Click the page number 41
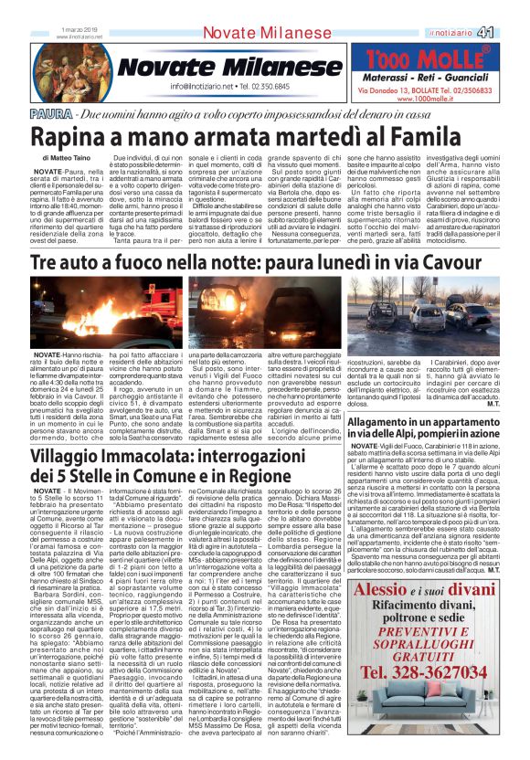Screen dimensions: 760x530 [510, 33]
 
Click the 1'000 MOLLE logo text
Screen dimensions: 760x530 [429, 61]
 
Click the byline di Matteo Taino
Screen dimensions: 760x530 [56, 158]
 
